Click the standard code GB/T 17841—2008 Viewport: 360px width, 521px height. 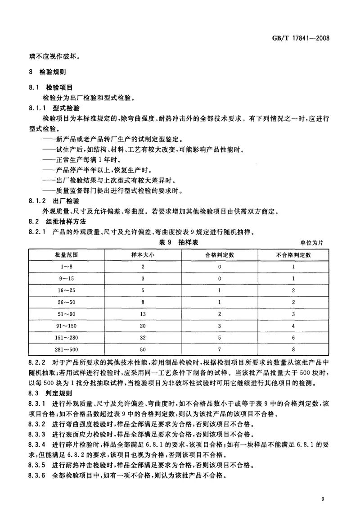tap(304, 39)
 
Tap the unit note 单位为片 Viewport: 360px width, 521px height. tap(311, 243)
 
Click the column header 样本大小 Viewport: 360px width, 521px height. tap(143, 255)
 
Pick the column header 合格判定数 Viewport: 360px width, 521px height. tap(219, 255)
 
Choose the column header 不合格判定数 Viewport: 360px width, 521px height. tap(293, 255)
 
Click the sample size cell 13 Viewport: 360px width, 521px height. tap(143, 313)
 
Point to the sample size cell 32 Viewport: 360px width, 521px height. tap(143, 337)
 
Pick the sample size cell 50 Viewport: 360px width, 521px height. tap(143, 349)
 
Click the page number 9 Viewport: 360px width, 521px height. tap(323, 498)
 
